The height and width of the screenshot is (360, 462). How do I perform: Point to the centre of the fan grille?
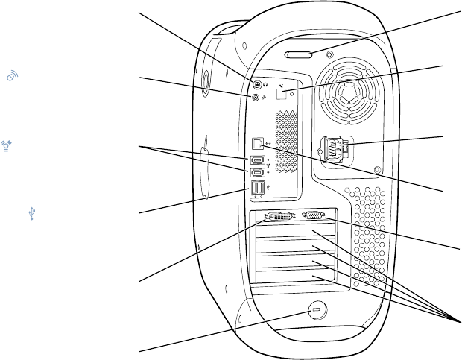tap(346, 93)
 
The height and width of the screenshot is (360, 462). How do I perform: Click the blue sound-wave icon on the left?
tap(13, 75)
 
